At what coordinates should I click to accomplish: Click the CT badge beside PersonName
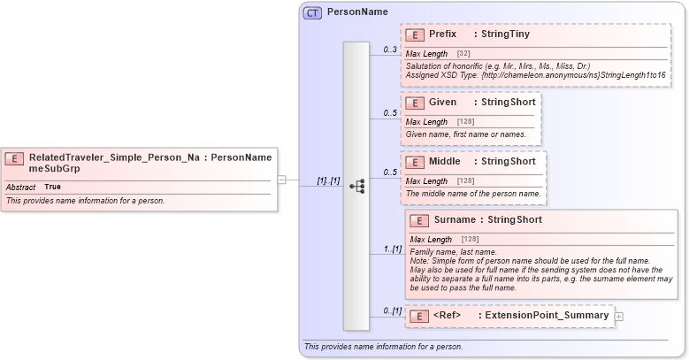(x=312, y=12)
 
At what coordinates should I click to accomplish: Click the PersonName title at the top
(x=357, y=12)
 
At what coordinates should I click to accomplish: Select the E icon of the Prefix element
(x=414, y=34)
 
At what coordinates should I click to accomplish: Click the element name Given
(x=443, y=103)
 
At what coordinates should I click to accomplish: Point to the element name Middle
(x=447, y=162)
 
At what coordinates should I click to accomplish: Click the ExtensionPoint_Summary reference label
(x=543, y=316)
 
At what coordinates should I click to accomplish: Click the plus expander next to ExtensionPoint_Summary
(x=619, y=316)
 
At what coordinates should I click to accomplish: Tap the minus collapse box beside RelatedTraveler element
(x=281, y=180)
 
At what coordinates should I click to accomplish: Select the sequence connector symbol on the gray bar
(x=356, y=186)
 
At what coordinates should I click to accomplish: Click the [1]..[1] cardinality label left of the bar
(x=328, y=180)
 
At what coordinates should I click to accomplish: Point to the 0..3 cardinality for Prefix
(x=390, y=50)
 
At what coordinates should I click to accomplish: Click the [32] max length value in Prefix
(x=463, y=54)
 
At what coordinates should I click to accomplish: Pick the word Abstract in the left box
(x=20, y=188)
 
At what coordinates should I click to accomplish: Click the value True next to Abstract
(x=53, y=188)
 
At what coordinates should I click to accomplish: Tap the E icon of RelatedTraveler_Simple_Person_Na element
(x=14, y=159)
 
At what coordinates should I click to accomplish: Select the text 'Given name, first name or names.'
(x=465, y=134)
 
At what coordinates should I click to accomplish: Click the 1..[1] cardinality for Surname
(x=393, y=249)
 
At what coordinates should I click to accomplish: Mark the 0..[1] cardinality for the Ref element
(x=393, y=311)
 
